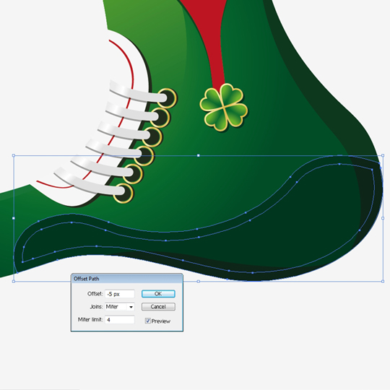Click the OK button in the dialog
coord(158,294)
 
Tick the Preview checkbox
coord(148,321)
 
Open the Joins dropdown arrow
coord(131,307)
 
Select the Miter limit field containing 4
coord(120,320)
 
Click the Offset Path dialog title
coord(87,279)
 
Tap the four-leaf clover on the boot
coord(224,107)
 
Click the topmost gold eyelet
coord(167,98)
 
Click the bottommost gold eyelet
coord(123,194)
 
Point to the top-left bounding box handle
coord(14,156)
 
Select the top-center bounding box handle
coord(198,156)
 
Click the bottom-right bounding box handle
coord(383,282)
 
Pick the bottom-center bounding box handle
coord(198,282)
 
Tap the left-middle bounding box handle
coord(14,218)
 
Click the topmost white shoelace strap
coord(137,92)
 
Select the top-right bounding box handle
coord(383,156)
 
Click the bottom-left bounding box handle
coord(14,282)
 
